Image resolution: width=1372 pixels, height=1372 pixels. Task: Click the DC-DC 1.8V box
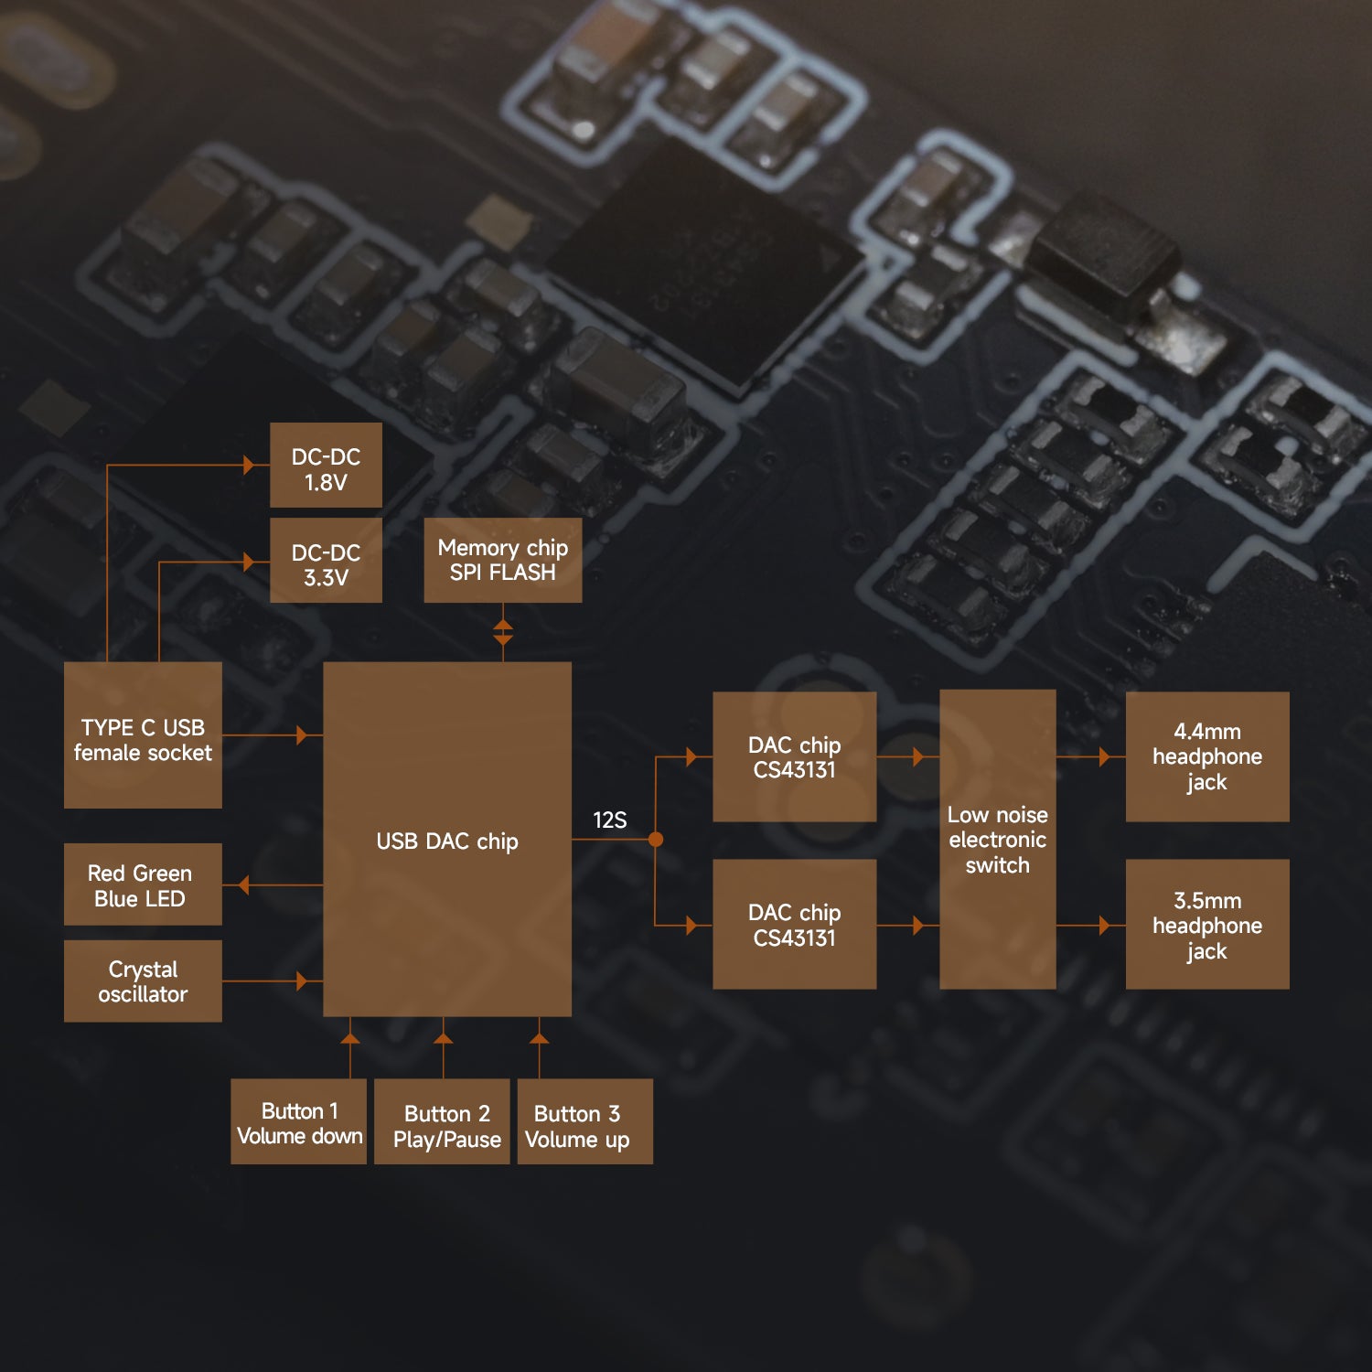326,465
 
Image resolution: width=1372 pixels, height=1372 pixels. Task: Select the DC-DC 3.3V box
326,561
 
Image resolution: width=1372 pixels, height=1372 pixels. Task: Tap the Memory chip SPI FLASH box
502,560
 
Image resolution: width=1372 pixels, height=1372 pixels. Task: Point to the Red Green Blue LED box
143,884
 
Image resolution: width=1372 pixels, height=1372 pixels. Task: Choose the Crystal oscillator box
143,981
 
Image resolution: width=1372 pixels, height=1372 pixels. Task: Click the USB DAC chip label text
447,841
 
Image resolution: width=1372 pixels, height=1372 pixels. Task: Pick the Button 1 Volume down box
299,1121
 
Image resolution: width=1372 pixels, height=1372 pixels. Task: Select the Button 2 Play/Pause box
443,1121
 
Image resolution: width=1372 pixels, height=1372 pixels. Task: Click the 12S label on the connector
610,820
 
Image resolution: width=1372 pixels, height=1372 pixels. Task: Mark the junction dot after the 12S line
656,839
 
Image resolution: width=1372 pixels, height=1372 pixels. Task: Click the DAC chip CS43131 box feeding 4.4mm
794,756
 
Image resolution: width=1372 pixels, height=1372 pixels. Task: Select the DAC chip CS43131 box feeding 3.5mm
794,924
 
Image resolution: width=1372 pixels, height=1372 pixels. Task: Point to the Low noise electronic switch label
997,840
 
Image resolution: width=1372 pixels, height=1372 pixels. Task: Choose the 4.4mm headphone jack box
1207,756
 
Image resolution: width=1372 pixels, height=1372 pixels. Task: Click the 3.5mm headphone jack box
1207,924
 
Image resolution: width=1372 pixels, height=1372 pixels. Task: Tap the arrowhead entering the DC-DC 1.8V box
249,465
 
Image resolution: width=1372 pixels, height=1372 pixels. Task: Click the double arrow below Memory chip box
502,632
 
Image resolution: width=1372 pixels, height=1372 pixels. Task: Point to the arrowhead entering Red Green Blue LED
242,885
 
